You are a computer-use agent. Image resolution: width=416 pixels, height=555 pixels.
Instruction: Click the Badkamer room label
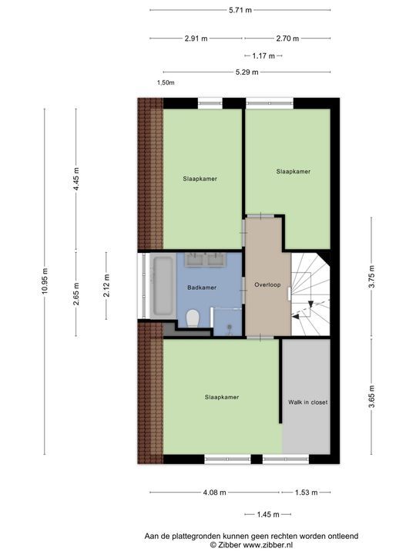pyautogui.click(x=202, y=288)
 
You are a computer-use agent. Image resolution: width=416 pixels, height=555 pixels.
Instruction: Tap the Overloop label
pyautogui.click(x=267, y=285)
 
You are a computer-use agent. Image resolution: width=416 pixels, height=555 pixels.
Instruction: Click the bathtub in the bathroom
pyautogui.click(x=162, y=286)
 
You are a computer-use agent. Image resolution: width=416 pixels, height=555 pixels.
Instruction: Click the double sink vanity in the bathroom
pyautogui.click(x=203, y=261)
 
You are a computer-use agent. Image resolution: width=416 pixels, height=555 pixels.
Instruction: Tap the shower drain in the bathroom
pyautogui.click(x=230, y=326)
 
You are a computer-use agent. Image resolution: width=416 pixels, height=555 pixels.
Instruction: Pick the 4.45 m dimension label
pyautogui.click(x=75, y=179)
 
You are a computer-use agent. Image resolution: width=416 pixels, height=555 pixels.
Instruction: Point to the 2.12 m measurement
pyautogui.click(x=106, y=286)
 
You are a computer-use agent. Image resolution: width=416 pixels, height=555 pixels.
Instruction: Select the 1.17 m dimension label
pyautogui.click(x=263, y=55)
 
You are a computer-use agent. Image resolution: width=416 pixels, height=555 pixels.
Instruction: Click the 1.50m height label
pyautogui.click(x=166, y=82)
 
